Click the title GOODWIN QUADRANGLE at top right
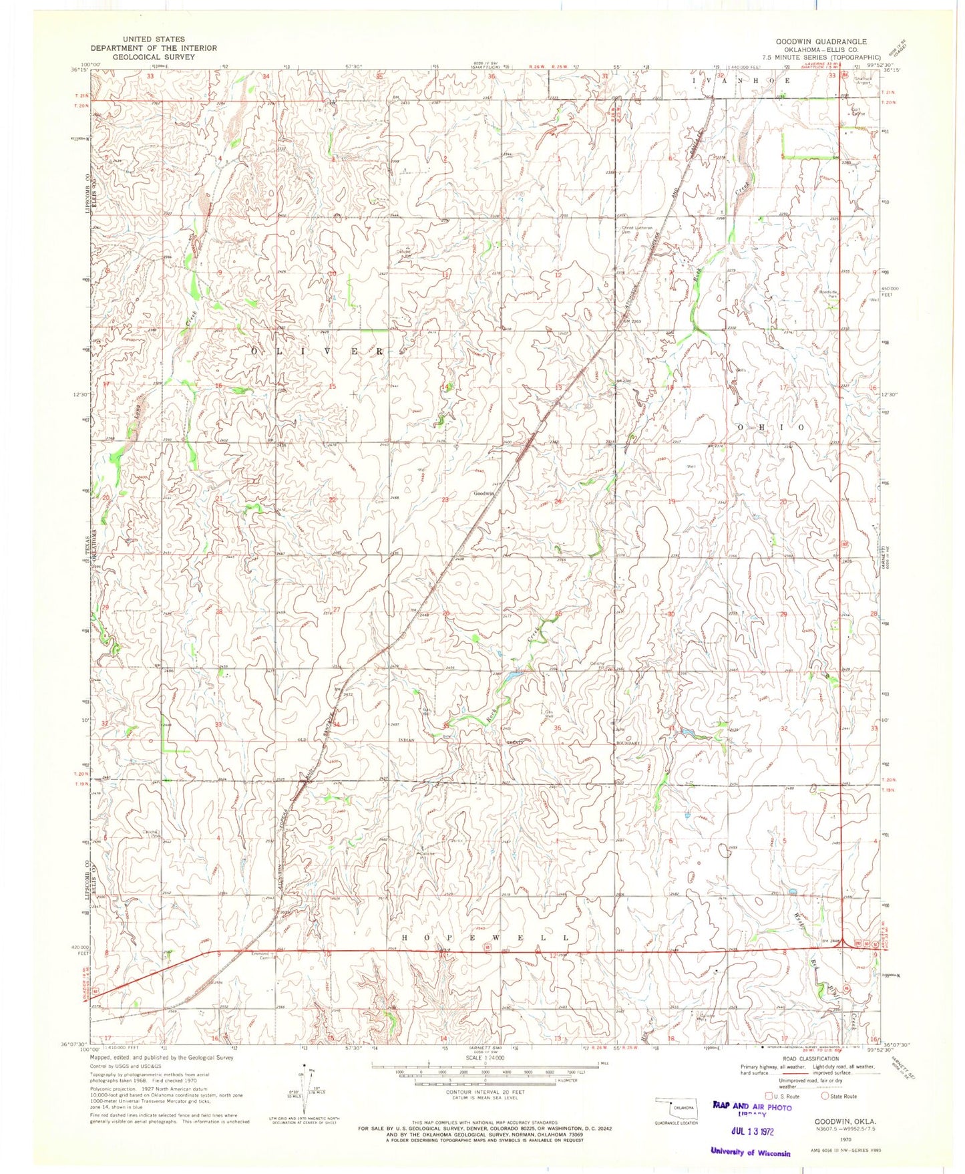pyautogui.click(x=821, y=41)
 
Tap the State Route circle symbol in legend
pyautogui.click(x=825, y=1096)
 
